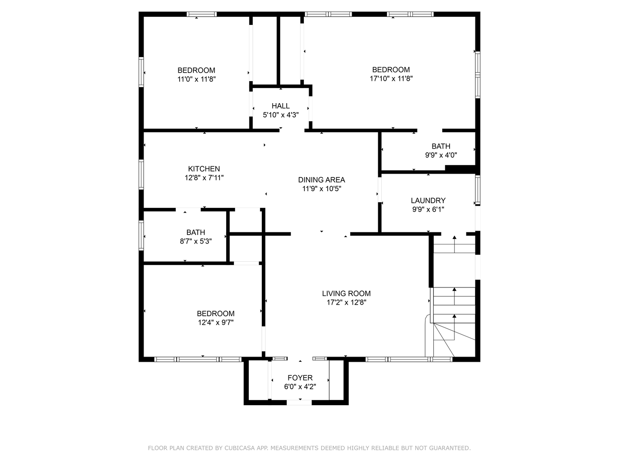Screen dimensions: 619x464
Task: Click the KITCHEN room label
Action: click(x=204, y=169)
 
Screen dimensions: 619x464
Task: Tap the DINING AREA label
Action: click(x=322, y=180)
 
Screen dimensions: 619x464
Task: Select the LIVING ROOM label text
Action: click(x=346, y=293)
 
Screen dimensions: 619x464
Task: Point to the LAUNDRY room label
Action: click(x=428, y=201)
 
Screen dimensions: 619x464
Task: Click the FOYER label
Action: click(x=300, y=378)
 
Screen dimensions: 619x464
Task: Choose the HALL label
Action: click(x=281, y=106)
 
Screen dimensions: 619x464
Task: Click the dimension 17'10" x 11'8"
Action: click(x=391, y=79)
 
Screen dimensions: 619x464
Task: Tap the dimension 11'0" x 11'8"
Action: click(x=196, y=79)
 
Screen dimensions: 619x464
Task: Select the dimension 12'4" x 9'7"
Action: click(x=216, y=322)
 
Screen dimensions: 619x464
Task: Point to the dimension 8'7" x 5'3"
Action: click(x=196, y=241)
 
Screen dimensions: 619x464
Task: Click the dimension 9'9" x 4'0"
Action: click(x=441, y=155)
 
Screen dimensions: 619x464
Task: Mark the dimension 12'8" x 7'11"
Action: click(x=204, y=178)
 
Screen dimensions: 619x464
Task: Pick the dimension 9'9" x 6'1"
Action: click(x=428, y=209)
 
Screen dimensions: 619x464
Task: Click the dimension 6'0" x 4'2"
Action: click(x=300, y=387)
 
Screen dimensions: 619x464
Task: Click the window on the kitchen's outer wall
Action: click(x=141, y=174)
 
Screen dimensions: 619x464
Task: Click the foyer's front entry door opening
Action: click(x=299, y=403)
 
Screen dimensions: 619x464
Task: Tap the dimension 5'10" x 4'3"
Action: click(x=281, y=115)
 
